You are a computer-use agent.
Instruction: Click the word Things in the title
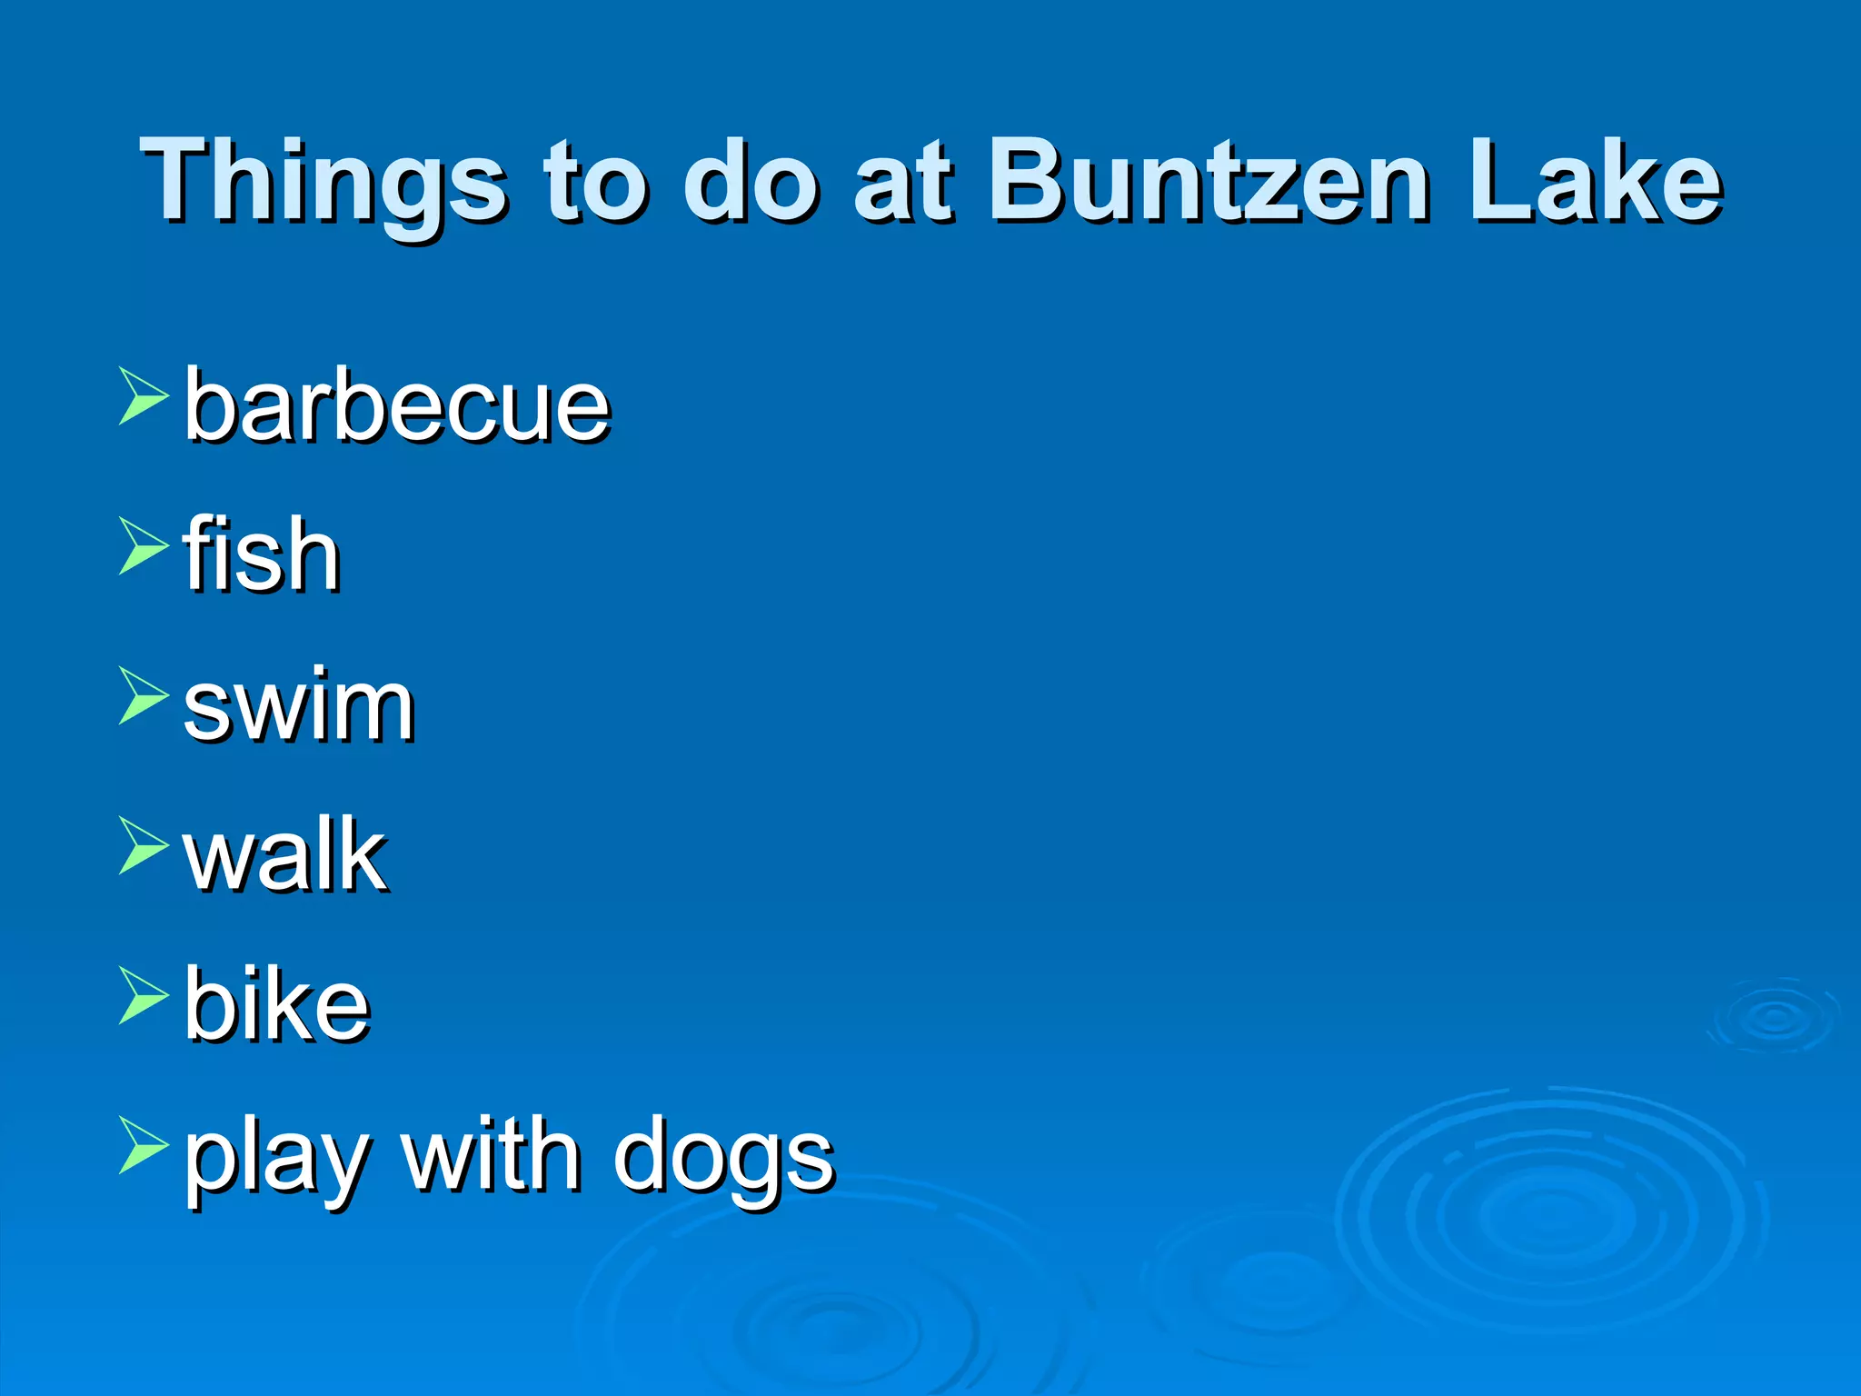(x=323, y=182)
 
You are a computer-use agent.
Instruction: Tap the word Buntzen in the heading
(x=1209, y=182)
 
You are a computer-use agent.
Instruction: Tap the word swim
(x=299, y=705)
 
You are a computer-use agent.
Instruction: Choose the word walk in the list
(x=285, y=855)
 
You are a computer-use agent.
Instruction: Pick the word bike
(x=277, y=1005)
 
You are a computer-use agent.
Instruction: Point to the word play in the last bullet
(x=276, y=1160)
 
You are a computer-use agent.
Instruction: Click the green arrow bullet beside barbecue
(x=143, y=396)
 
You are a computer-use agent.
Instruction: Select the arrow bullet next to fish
(x=143, y=546)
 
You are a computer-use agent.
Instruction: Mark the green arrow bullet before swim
(x=143, y=696)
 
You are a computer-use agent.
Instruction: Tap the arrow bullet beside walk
(x=143, y=846)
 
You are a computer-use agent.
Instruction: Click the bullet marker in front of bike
(x=143, y=996)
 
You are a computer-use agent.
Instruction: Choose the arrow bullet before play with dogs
(x=143, y=1146)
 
